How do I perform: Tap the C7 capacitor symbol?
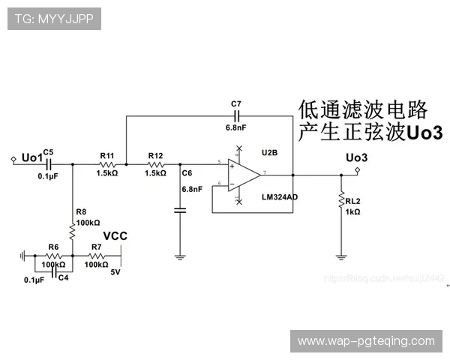[x=237, y=116]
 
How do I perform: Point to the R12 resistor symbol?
[x=156, y=163]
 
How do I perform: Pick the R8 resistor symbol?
[x=72, y=232]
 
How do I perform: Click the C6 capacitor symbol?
[x=180, y=211]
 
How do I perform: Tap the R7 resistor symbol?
[x=96, y=256]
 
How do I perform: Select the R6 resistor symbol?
[x=53, y=256]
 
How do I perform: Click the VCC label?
[x=115, y=236]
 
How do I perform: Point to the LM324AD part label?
[x=279, y=196]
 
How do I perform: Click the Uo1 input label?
[x=31, y=157]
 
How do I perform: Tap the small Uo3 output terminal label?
[x=356, y=157]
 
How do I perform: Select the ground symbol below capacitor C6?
[x=180, y=257]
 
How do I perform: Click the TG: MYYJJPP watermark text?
[x=54, y=18]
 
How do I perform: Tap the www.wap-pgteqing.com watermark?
[x=365, y=341]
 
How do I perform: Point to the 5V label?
[x=115, y=271]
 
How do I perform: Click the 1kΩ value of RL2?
[x=353, y=212]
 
